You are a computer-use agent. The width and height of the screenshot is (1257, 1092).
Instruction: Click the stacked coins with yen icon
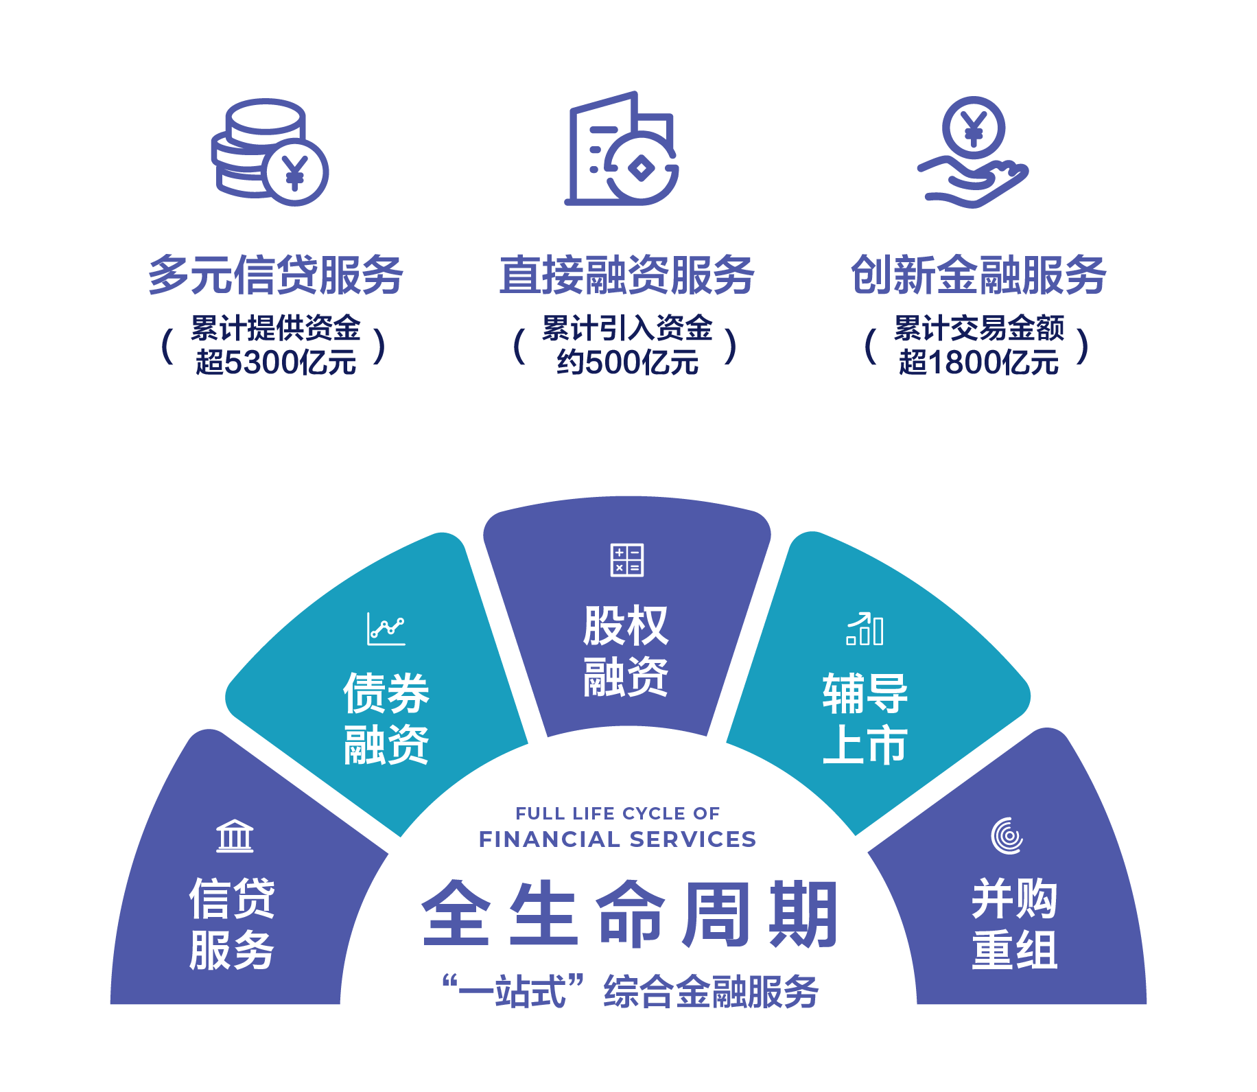pyautogui.click(x=269, y=152)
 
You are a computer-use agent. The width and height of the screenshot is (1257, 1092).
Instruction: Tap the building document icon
pyautogui.click(x=622, y=150)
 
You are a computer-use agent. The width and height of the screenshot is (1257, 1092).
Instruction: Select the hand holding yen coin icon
pyautogui.click(x=973, y=152)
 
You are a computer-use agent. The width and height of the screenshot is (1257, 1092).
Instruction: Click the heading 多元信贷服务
pyautogui.click(x=276, y=275)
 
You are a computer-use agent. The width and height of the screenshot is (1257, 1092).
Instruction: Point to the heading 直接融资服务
pyautogui.click(x=627, y=275)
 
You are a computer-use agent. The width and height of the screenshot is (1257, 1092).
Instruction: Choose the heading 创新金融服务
pyautogui.click(x=978, y=275)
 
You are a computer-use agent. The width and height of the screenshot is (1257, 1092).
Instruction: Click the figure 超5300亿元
pyautogui.click(x=276, y=362)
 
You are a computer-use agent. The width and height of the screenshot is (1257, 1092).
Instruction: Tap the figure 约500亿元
pyautogui.click(x=627, y=362)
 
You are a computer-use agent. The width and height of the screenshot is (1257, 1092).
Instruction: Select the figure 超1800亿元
pyautogui.click(x=978, y=362)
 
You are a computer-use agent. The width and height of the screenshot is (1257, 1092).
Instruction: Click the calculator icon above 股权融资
pyautogui.click(x=627, y=559)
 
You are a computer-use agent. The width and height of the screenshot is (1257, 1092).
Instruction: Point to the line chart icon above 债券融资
pyautogui.click(x=386, y=629)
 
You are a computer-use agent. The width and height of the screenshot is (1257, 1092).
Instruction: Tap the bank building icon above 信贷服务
pyautogui.click(x=235, y=836)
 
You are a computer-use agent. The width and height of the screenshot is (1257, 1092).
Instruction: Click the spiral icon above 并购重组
pyautogui.click(x=1007, y=836)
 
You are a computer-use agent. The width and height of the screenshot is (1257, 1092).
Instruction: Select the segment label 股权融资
pyautogui.click(x=626, y=651)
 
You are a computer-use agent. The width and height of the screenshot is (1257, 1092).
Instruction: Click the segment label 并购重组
pyautogui.click(x=1014, y=924)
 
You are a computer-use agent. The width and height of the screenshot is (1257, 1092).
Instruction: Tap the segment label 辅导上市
pyautogui.click(x=865, y=719)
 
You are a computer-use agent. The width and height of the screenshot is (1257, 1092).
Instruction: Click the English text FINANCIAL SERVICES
pyautogui.click(x=617, y=839)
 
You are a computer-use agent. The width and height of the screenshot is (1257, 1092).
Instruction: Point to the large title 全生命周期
pyautogui.click(x=628, y=914)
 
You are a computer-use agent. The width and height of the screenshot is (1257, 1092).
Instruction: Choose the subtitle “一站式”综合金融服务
pyautogui.click(x=630, y=992)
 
